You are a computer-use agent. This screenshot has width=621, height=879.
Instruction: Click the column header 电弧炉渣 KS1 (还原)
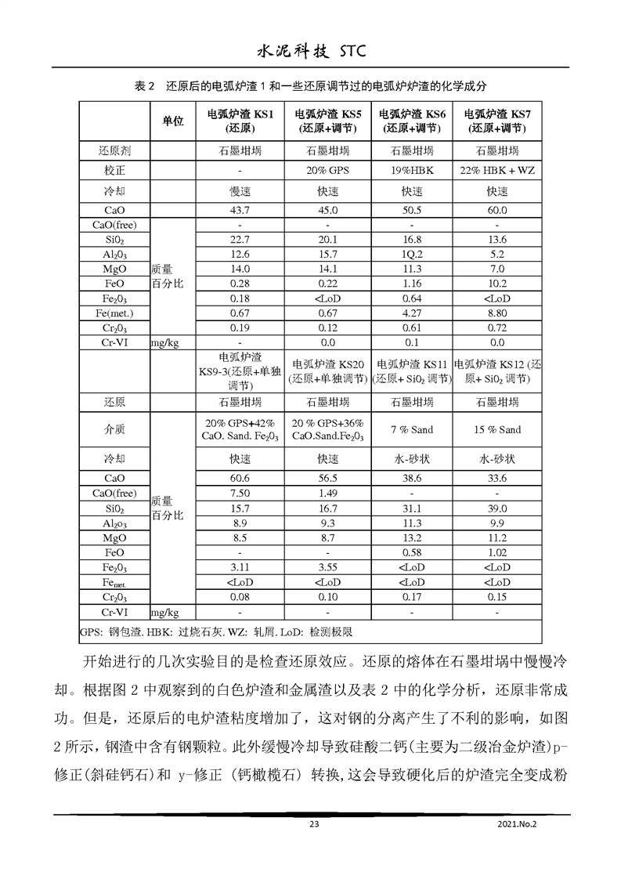click(x=240, y=121)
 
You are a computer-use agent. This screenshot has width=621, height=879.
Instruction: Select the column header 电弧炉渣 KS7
click(x=497, y=121)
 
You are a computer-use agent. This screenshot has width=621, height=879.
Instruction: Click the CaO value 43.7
click(x=240, y=211)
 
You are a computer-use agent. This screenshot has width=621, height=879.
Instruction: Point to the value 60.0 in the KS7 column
click(x=497, y=211)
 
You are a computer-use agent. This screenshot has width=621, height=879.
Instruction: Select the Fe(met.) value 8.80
click(x=497, y=313)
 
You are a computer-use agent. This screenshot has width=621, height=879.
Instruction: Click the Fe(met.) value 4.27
click(x=412, y=313)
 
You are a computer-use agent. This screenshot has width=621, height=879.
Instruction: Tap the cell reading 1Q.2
click(x=412, y=255)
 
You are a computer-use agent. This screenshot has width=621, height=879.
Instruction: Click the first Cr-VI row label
click(x=114, y=342)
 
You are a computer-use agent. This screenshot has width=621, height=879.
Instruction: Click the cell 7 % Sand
click(x=412, y=429)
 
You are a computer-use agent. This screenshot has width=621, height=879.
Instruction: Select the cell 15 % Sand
click(x=497, y=429)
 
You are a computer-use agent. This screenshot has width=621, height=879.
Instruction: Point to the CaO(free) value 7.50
click(x=240, y=494)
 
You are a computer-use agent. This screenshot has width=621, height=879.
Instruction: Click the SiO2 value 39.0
click(x=497, y=508)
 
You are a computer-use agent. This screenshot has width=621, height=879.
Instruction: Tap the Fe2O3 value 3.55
click(x=327, y=567)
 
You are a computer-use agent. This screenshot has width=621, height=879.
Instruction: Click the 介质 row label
click(x=114, y=429)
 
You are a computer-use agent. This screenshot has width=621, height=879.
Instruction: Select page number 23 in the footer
click(x=314, y=823)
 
